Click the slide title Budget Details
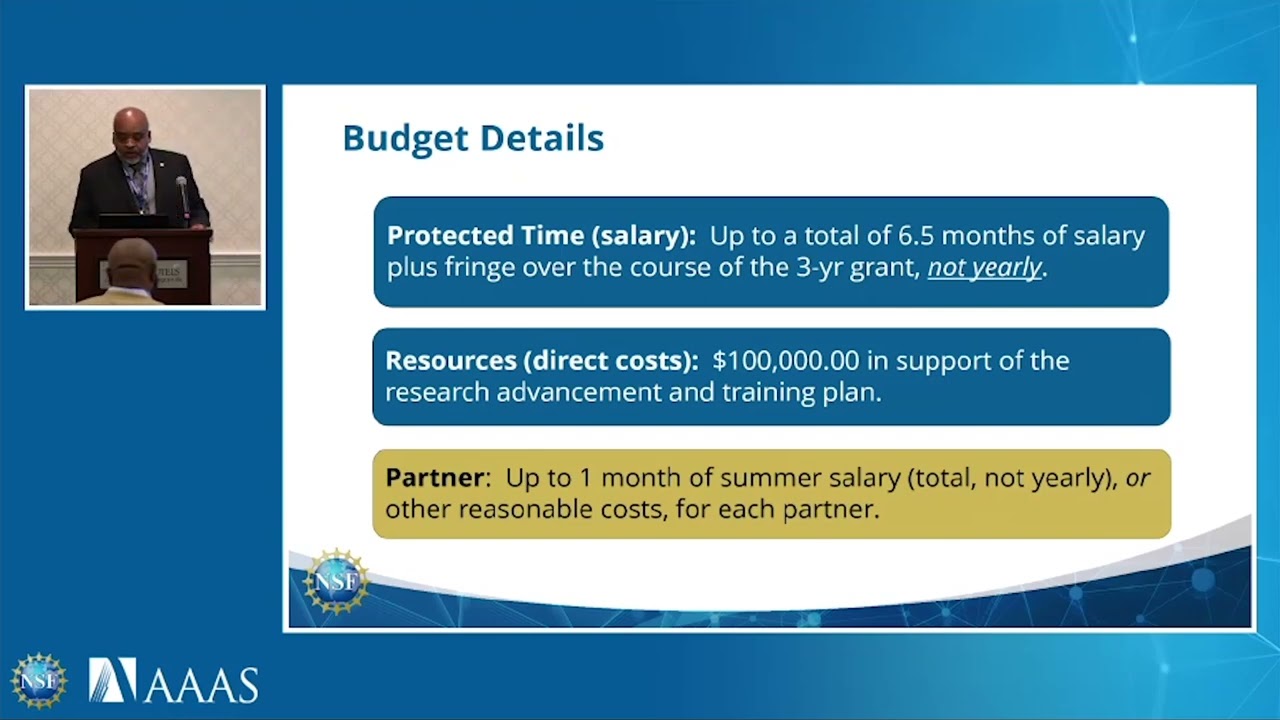click(x=472, y=138)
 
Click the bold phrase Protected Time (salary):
click(x=541, y=236)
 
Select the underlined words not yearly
click(x=985, y=268)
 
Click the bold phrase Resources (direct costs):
click(x=541, y=361)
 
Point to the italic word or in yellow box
click(x=1138, y=478)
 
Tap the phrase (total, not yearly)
click(x=1012, y=478)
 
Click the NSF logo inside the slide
click(x=336, y=581)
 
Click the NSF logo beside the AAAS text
click(x=39, y=681)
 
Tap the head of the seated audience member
click(x=131, y=263)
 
